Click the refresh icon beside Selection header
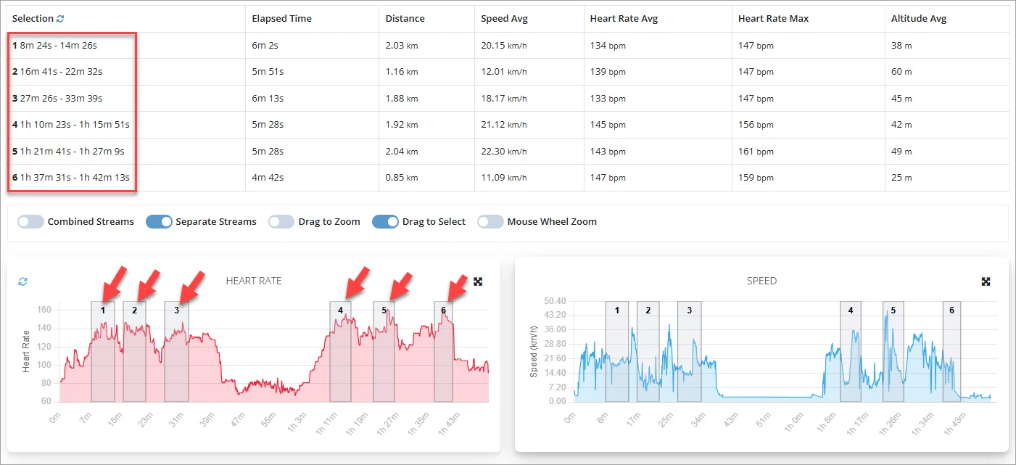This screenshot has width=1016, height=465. coord(60,19)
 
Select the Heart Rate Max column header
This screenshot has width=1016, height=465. coord(773,19)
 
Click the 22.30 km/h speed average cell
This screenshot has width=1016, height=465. coord(504,151)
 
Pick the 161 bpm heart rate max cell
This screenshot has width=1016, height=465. coord(756,151)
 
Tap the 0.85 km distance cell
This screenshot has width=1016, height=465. coord(402,178)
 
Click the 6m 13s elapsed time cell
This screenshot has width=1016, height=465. coord(268,98)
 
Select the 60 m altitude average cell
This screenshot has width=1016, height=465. coord(901,71)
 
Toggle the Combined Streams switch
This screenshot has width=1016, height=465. coord(30,221)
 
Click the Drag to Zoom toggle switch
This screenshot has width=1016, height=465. coord(281,221)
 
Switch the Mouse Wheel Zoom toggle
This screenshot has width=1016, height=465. coord(490,221)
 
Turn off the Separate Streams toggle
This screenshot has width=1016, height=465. coord(159,221)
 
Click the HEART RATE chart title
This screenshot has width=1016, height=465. coord(254,281)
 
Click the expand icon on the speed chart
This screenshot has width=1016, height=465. coord(986,281)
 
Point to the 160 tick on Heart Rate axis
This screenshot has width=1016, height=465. coord(44,310)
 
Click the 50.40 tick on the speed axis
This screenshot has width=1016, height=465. coord(555,301)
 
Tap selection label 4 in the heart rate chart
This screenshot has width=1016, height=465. coord(340,310)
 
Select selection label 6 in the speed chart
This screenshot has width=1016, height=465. coord(951,310)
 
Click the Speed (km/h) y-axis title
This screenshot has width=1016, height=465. coord(534,352)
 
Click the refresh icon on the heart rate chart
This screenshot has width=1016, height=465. coord(22,281)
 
